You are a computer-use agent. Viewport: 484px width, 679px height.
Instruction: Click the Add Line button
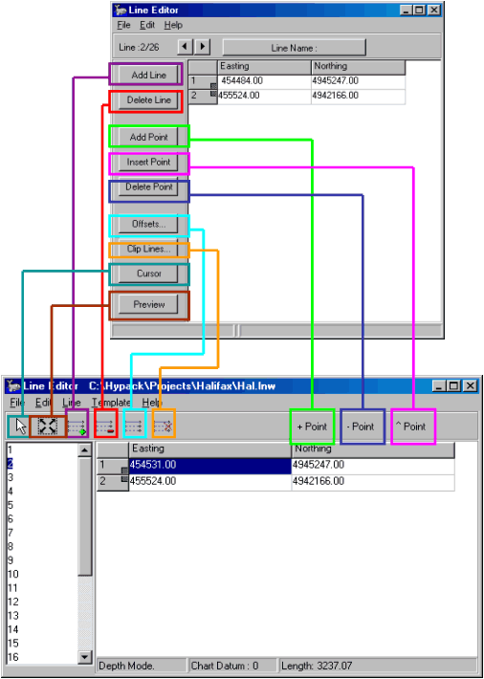click(148, 75)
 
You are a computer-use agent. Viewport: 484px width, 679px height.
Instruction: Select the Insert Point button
click(148, 163)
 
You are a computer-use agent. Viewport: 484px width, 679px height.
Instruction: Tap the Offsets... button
click(148, 225)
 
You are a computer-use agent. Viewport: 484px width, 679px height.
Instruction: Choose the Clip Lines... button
click(148, 250)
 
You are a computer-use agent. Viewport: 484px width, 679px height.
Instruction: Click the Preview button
click(148, 304)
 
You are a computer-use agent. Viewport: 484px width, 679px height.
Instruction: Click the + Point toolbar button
click(312, 427)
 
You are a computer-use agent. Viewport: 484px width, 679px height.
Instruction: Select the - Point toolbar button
click(363, 427)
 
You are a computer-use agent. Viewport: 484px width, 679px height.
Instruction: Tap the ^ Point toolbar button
click(412, 427)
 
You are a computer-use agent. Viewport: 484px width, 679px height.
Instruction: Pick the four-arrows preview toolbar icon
click(47, 427)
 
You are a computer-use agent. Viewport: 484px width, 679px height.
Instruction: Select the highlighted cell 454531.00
click(209, 466)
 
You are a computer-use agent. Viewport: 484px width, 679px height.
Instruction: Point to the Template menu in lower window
click(111, 403)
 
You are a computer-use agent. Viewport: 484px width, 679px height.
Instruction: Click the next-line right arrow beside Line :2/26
click(203, 46)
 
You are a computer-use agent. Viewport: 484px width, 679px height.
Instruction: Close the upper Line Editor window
click(434, 10)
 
